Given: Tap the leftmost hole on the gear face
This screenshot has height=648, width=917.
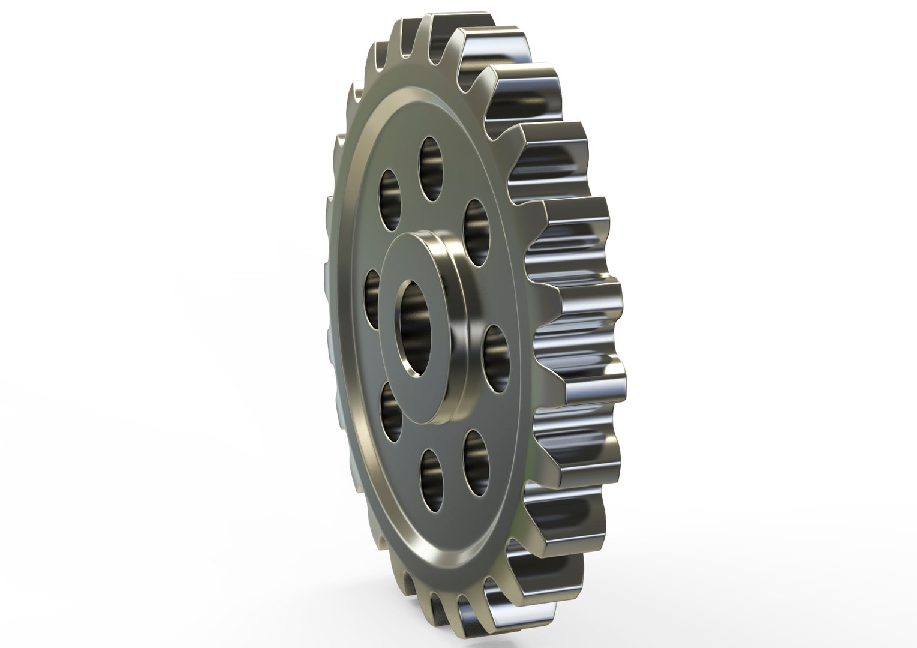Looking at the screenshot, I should pyautogui.click(x=374, y=299).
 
